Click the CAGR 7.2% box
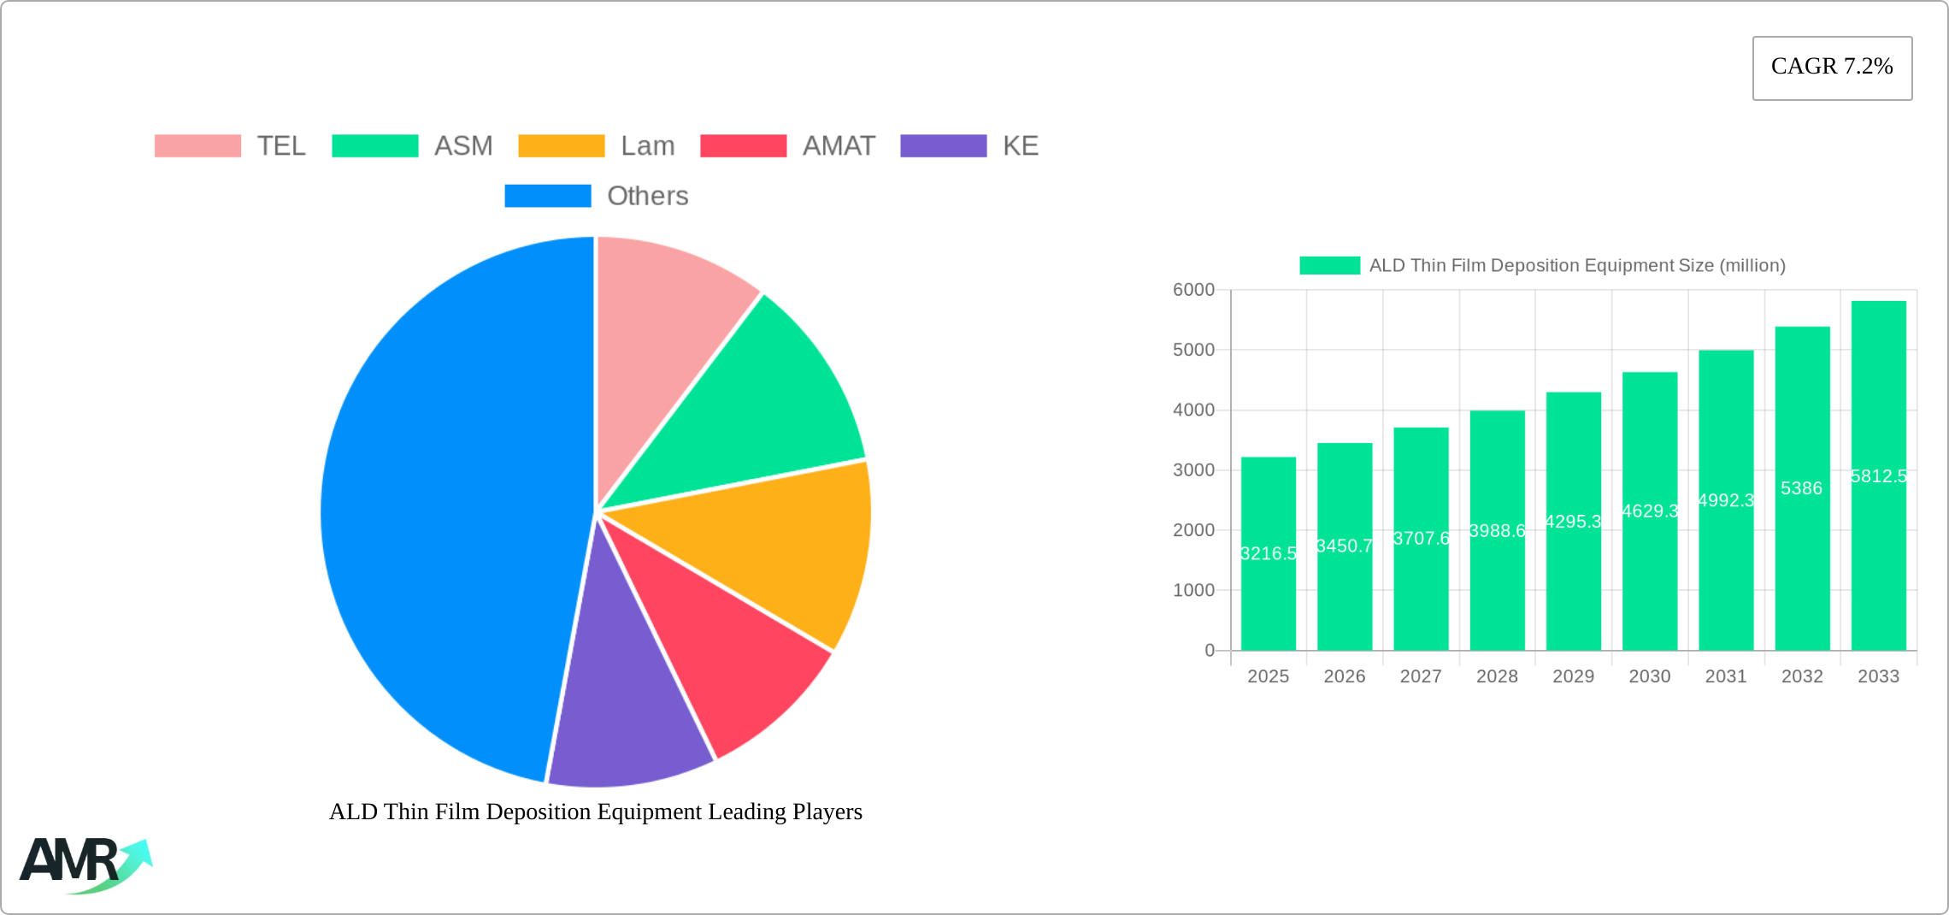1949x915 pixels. pos(1832,68)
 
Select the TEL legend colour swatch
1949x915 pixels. pos(197,146)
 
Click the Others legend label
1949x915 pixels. pos(647,196)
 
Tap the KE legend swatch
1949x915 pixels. pos(943,146)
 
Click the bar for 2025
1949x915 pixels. pos(1269,599)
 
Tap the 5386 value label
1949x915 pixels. pos(1801,488)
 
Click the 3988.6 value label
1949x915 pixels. pos(1497,531)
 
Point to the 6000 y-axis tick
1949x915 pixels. pos(1193,290)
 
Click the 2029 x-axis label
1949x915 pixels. pos(1573,676)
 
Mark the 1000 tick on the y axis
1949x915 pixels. pos(1193,590)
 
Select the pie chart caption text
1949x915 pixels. pos(596,812)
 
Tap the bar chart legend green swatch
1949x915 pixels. pos(1329,265)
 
